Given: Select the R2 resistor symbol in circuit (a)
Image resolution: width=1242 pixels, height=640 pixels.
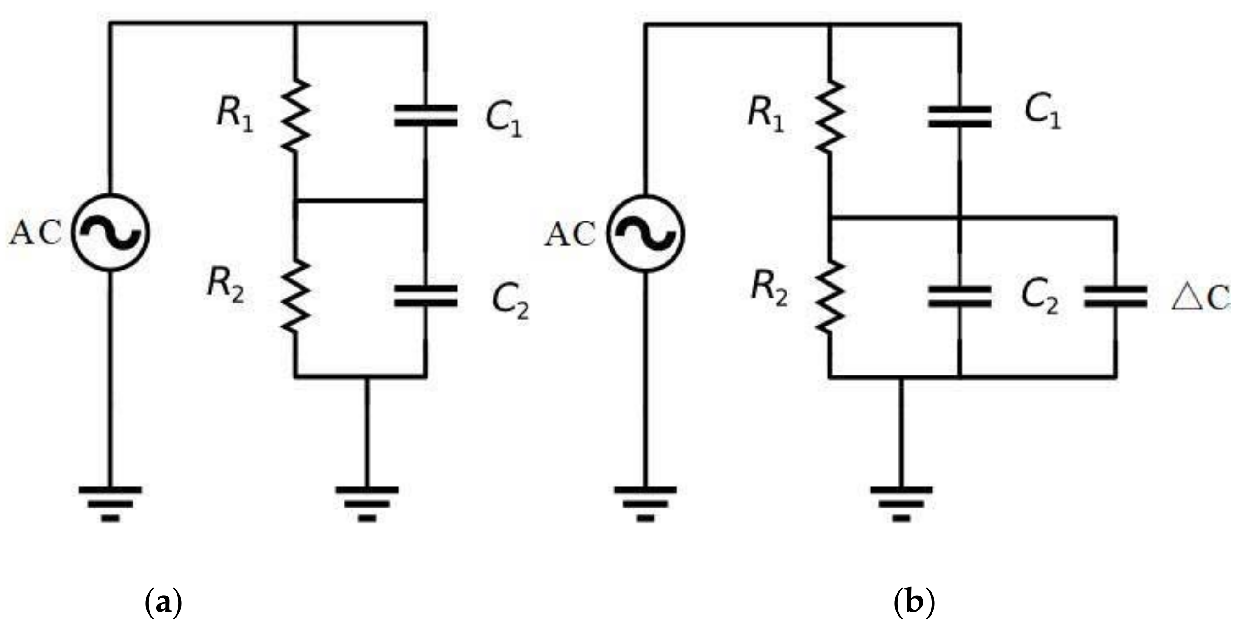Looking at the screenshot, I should point(295,296).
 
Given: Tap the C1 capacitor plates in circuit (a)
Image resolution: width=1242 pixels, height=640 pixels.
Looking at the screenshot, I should point(425,116).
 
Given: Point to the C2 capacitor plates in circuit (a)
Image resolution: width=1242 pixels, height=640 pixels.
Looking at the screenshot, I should point(425,296).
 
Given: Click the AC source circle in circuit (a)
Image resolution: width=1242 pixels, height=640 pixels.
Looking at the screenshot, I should point(111,233).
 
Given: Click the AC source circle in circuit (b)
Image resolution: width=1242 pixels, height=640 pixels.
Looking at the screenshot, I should point(646,234).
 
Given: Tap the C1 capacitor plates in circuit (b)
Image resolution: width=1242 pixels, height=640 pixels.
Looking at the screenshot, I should point(959,116).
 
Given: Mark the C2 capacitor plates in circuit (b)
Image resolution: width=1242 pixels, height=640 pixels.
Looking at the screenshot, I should point(959,296).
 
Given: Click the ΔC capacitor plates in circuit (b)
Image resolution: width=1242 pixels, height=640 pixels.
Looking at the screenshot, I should point(1115,296).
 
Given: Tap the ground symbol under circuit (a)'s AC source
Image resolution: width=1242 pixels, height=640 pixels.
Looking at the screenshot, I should point(111,504).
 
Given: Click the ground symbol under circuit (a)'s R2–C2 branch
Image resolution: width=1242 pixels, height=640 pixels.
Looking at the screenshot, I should point(367,504).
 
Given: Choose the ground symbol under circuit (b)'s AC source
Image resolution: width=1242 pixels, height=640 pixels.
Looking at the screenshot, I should point(645,504).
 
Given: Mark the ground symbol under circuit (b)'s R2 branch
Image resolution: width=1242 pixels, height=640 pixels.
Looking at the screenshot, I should point(901,504).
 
